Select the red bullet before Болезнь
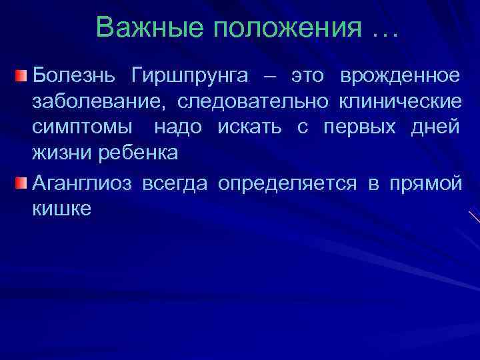[x=22, y=77]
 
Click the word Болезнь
[x=73, y=77]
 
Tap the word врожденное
[x=399, y=77]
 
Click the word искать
[x=255, y=127]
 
